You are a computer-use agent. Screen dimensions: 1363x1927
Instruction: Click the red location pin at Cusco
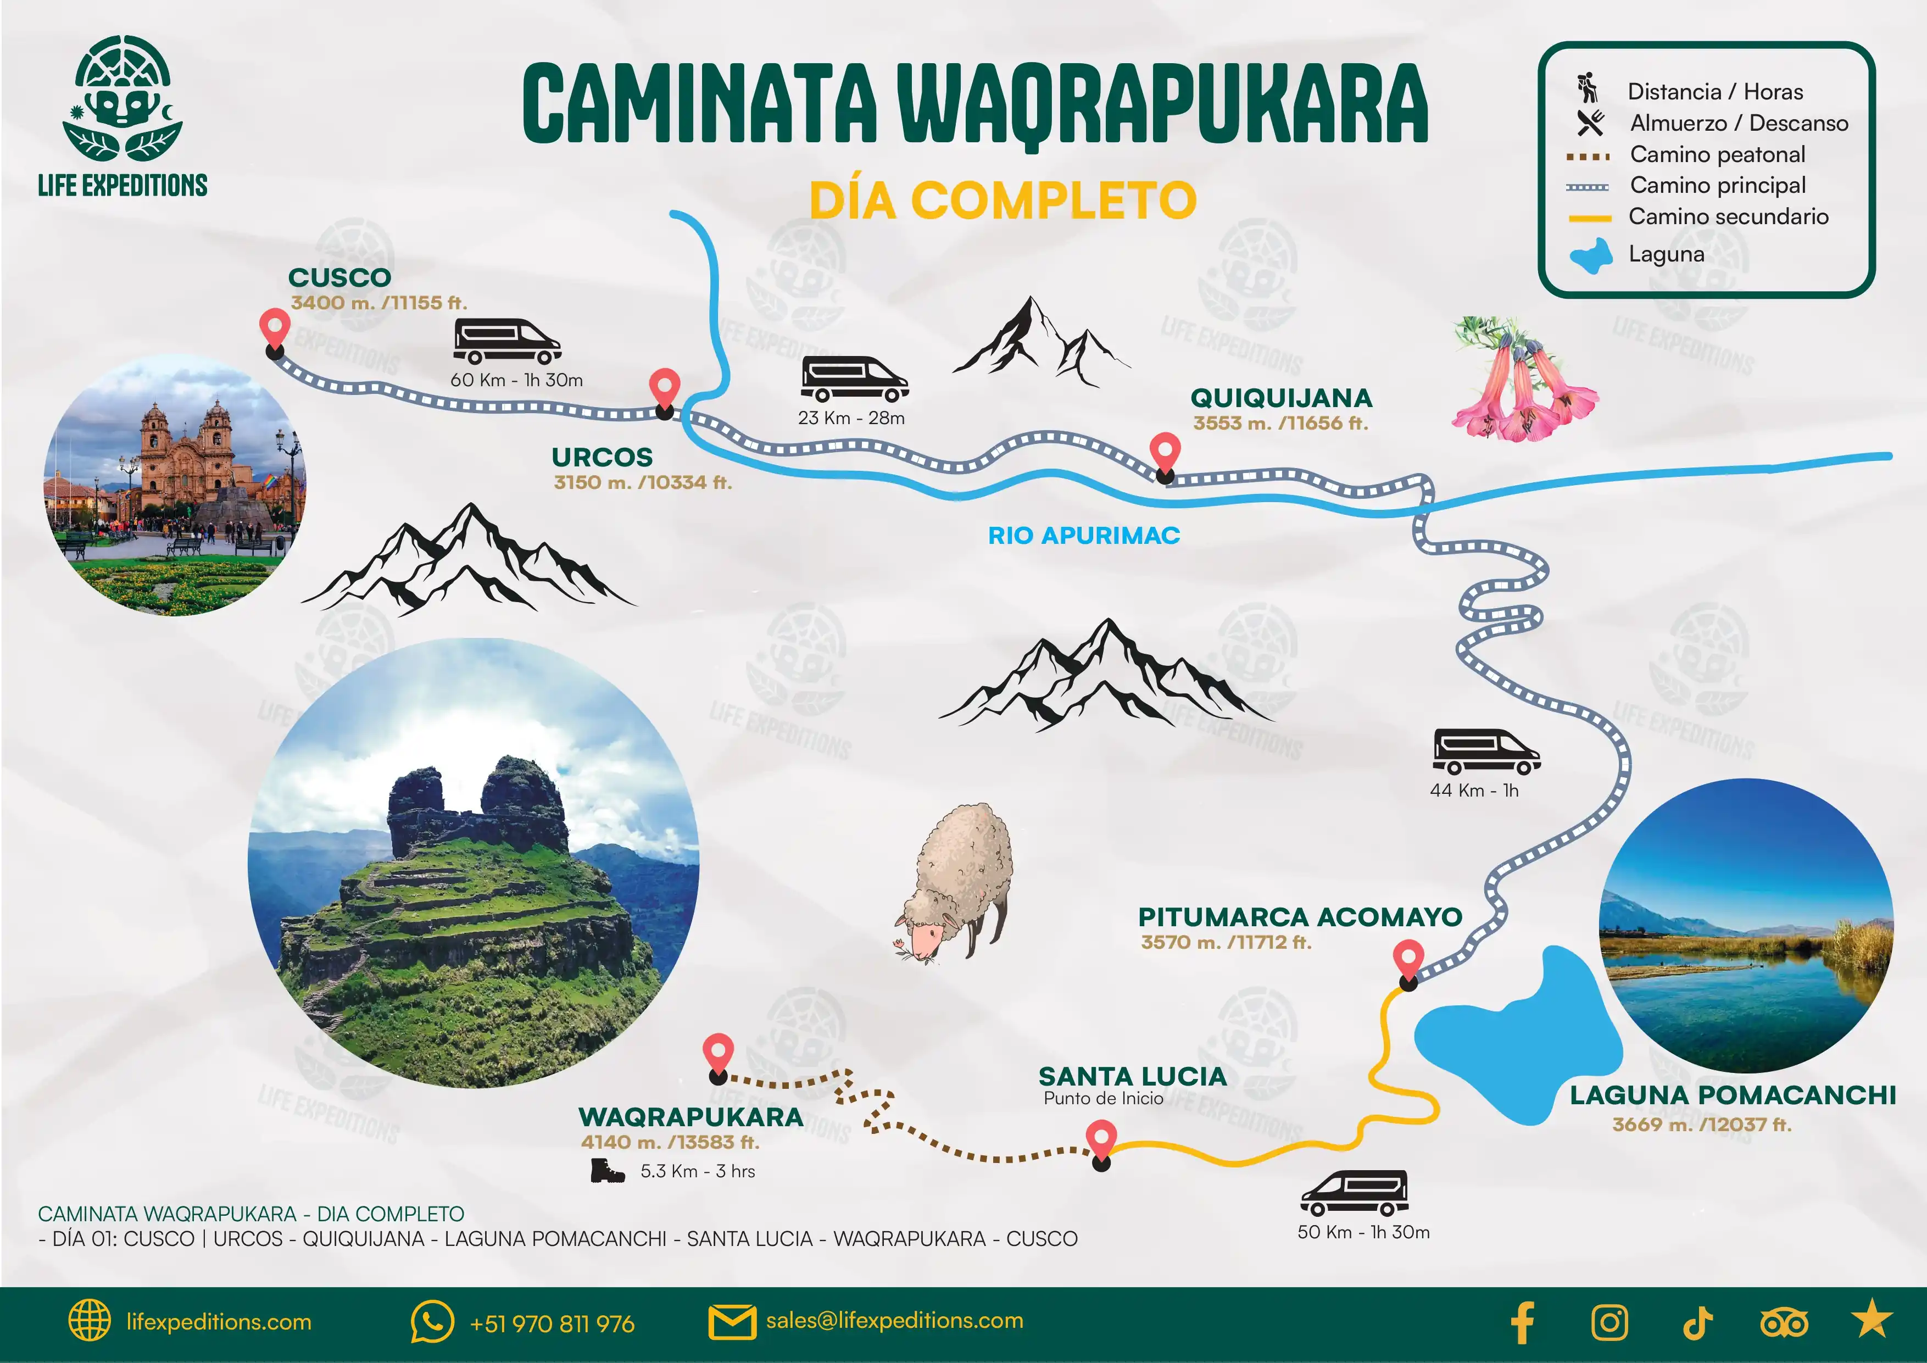pos(275,327)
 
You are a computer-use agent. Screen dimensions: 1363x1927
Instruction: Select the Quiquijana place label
pos(1281,398)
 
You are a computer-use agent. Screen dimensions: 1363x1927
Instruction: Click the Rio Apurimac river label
pos(1083,536)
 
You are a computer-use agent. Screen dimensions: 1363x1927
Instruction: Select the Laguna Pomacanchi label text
pos(1733,1095)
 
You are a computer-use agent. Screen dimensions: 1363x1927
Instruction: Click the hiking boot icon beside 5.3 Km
pos(607,1170)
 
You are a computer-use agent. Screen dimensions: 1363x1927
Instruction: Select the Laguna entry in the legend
pos(1666,254)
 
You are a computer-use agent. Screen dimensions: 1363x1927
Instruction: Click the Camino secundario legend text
pos(1728,216)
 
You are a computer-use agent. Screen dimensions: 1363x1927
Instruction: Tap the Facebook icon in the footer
pos(1523,1323)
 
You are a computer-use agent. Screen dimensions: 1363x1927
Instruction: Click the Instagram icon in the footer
pos(1609,1323)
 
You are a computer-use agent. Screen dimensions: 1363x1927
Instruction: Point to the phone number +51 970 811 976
pos(552,1323)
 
